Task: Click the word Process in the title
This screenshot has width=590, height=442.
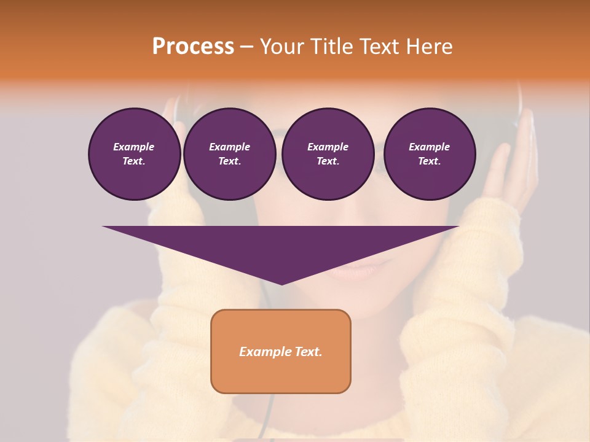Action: tap(193, 47)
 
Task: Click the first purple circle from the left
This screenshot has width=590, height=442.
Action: tap(134, 154)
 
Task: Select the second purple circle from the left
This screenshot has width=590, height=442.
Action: tap(229, 154)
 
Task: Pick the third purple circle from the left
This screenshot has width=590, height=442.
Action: tap(328, 154)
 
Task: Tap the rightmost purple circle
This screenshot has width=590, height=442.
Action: tap(429, 154)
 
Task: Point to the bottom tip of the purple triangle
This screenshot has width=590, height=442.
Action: tap(281, 284)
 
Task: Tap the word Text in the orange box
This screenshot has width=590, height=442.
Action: tap(309, 352)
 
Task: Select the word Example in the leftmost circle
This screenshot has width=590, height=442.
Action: tap(134, 147)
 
